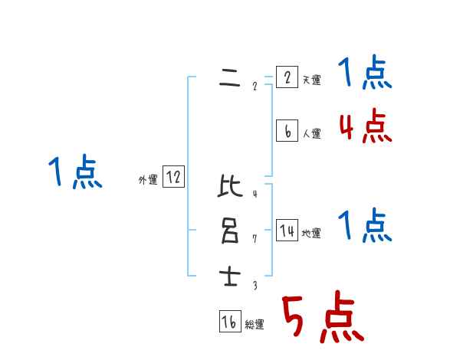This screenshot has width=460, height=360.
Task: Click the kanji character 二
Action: coord(229,78)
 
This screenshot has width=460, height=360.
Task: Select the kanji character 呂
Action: coord(229,231)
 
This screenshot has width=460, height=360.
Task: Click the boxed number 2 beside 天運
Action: coord(286,77)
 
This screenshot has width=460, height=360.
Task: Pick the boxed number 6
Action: coord(286,131)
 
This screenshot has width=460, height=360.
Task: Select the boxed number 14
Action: coord(287,231)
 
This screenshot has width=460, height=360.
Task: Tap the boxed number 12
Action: coord(173,178)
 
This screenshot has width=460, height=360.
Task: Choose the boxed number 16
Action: coord(229,322)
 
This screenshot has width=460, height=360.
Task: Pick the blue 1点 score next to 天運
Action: coord(365,74)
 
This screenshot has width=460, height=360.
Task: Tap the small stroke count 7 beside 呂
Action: coord(255,239)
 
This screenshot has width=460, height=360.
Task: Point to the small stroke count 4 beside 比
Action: coord(255,194)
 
